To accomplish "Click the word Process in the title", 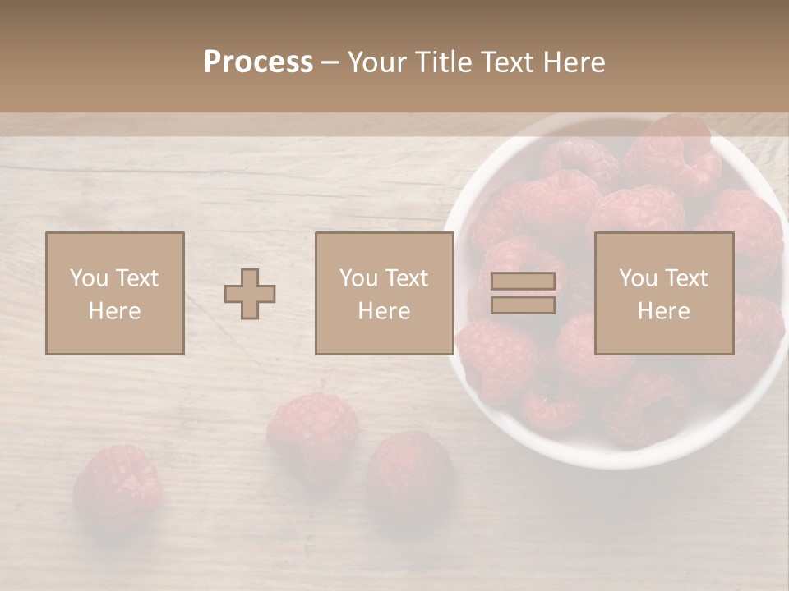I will (x=258, y=62).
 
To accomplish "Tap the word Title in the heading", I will (x=441, y=62).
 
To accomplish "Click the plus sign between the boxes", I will (x=250, y=294).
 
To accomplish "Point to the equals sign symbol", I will (x=523, y=293).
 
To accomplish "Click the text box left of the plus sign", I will (x=114, y=294).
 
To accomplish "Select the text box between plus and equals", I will (x=384, y=294).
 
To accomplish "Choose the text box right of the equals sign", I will (x=663, y=294).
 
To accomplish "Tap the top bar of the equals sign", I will (x=523, y=282).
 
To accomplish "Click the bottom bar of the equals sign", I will (x=523, y=305).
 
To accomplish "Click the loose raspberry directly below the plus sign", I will (x=312, y=427).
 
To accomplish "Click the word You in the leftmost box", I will (x=88, y=278).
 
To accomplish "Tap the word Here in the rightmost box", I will (x=663, y=311).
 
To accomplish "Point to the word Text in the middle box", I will (x=406, y=278).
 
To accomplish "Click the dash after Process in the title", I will (x=330, y=62).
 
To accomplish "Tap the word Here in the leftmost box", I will (x=114, y=311).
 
